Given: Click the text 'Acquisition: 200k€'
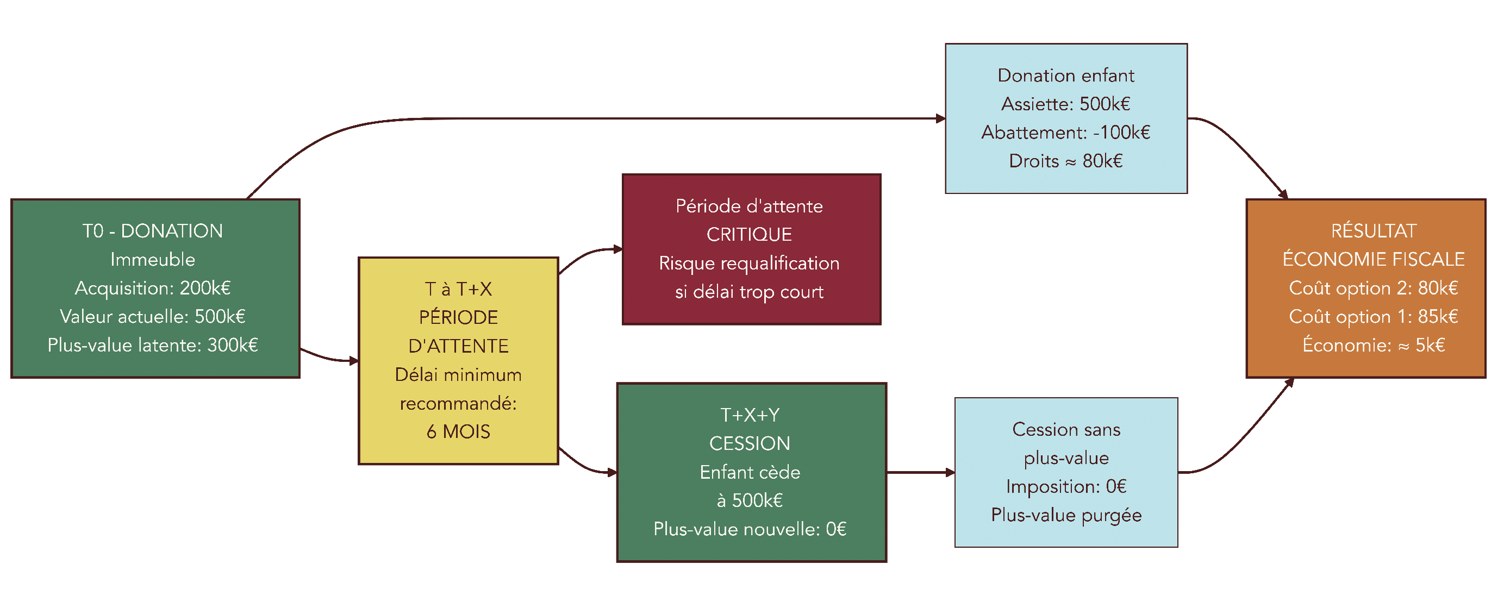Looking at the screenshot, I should click(x=152, y=287).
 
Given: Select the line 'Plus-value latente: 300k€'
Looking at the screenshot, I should click(x=152, y=345).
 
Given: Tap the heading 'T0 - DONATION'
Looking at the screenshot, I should click(x=152, y=231).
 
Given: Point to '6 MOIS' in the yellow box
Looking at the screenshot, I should click(x=458, y=431).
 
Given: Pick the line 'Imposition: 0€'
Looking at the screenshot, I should click(x=1066, y=486).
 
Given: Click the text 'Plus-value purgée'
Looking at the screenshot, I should click(x=1066, y=515).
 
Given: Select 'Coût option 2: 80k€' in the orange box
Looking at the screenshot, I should click(x=1373, y=287).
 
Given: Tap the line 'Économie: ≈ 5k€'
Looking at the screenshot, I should click(x=1373, y=345).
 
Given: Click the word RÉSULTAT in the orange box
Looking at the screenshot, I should click(x=1373, y=231).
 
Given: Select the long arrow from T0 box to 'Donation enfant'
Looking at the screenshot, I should click(x=586, y=118).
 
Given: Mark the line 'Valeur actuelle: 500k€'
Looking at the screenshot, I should click(x=152, y=316).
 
